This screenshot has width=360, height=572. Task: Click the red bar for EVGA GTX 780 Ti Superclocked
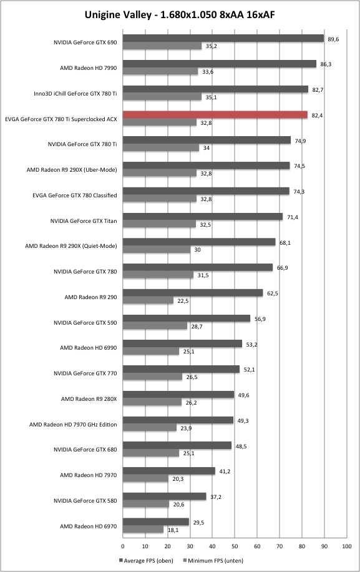tap(215, 115)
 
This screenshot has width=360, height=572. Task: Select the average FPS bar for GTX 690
tap(223, 39)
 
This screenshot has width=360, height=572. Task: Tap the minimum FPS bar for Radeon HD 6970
tap(144, 530)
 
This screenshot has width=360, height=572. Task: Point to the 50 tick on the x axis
tap(235, 546)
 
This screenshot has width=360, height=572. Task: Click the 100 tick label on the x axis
tap(346, 546)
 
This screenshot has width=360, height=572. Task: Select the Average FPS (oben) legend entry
tap(146, 560)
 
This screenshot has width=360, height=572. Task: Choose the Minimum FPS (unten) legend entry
tap(213, 560)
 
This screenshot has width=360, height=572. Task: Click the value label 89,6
tap(333, 39)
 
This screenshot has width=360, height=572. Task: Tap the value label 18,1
tap(173, 530)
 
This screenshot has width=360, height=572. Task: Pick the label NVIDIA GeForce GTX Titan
tap(84, 220)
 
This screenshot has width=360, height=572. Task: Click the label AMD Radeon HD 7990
tap(89, 68)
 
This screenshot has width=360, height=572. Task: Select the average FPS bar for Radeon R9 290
tap(193, 293)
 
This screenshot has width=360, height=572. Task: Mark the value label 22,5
tap(183, 301)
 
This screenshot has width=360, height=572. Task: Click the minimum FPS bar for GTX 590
tap(155, 326)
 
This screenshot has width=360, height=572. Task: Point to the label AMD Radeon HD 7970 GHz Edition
tap(73, 424)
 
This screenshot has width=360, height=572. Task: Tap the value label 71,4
tap(292, 217)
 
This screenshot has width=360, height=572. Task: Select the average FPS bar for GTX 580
tap(164, 496)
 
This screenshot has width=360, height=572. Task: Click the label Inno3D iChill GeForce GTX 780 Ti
tap(75, 94)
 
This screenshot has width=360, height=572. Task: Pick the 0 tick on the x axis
tap(123, 546)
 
